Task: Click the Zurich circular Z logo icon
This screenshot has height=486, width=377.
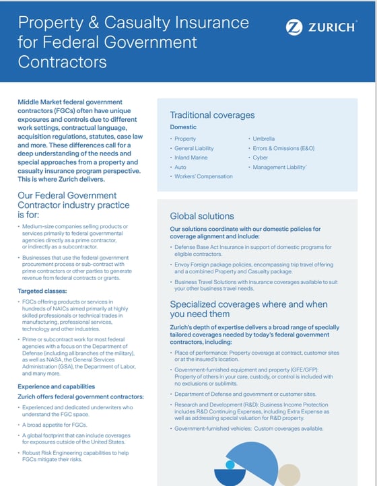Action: tap(294, 28)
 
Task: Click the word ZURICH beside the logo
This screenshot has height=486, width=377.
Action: tap(333, 28)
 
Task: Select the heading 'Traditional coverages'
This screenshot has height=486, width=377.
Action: tap(212, 115)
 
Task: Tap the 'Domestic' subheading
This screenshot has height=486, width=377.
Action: tap(183, 127)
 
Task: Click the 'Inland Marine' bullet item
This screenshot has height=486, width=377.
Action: tap(191, 158)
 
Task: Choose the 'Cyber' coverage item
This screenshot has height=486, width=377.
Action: tap(260, 158)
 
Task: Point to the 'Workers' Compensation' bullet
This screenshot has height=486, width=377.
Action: tap(203, 176)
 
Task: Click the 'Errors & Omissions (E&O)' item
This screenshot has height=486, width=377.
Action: tap(283, 148)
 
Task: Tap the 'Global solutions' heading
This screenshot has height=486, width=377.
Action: tap(202, 216)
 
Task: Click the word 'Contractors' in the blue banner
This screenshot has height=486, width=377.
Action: tap(62, 62)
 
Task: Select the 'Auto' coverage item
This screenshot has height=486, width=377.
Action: tap(180, 167)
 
